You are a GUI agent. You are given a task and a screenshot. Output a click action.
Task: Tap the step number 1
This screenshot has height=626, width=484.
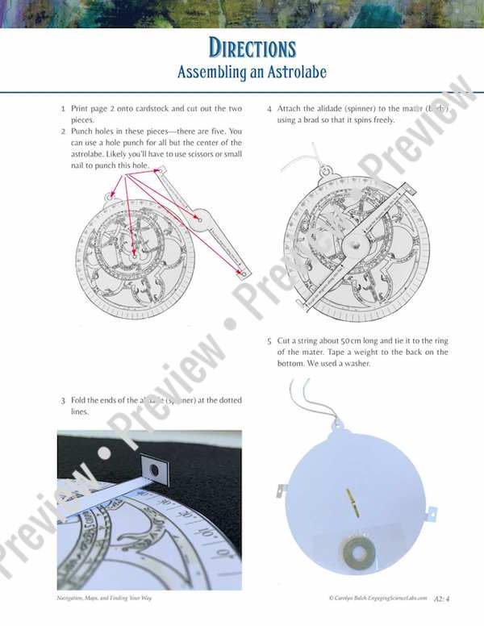click(63, 108)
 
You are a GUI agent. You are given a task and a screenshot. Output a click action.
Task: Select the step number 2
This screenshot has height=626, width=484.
click(63, 131)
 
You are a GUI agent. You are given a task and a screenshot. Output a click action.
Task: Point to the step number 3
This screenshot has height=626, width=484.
click(63, 400)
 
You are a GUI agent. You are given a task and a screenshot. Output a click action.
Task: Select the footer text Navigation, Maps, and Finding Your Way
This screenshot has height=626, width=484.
click(105, 598)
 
